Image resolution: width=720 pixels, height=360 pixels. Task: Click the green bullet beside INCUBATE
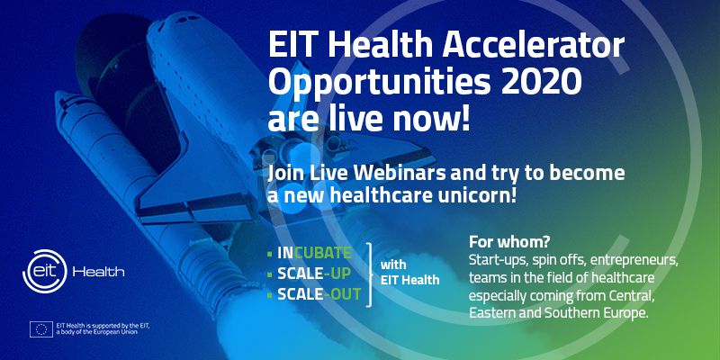270,253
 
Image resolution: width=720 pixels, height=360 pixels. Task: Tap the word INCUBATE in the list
314,253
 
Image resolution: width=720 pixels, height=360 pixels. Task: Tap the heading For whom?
509,241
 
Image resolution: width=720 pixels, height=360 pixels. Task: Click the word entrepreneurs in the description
634,260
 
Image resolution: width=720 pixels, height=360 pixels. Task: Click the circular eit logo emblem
44,272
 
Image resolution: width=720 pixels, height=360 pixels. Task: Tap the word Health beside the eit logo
98,272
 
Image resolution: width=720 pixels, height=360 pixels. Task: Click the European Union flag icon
41,329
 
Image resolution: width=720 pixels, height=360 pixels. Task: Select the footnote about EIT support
103,328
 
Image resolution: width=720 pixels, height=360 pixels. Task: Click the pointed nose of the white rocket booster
60,95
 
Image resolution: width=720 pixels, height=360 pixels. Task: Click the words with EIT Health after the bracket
410,273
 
